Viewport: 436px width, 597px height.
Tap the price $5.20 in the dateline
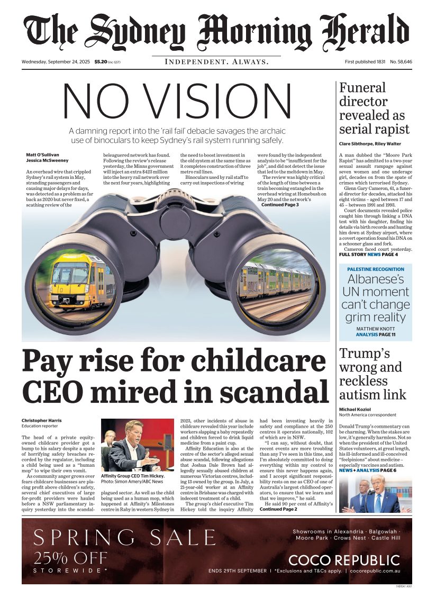click(x=101, y=62)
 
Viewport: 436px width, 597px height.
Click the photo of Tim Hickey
click(x=137, y=445)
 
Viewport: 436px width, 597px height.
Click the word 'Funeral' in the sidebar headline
click(x=362, y=88)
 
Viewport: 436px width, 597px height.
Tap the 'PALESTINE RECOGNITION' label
click(x=375, y=269)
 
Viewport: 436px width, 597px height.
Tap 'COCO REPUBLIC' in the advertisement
click(x=344, y=560)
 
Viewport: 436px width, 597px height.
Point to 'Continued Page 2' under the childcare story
click(x=278, y=509)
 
